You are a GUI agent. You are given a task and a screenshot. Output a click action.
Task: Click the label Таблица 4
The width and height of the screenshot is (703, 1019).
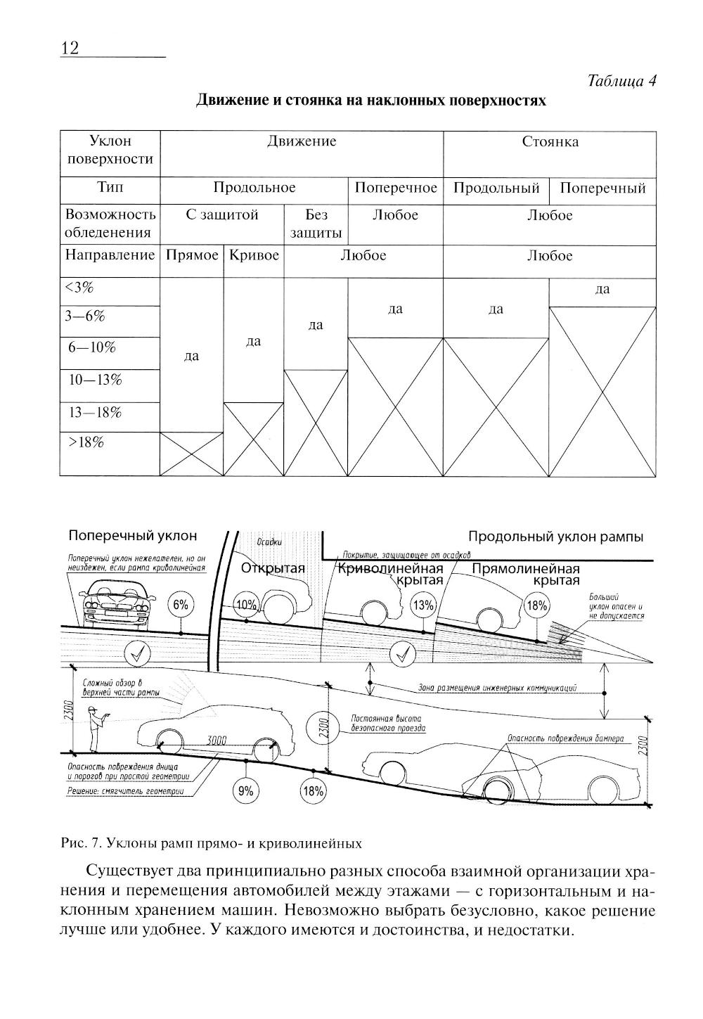pyautogui.click(x=621, y=81)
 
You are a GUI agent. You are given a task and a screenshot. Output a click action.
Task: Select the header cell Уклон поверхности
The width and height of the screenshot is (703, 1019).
pyautogui.click(x=109, y=150)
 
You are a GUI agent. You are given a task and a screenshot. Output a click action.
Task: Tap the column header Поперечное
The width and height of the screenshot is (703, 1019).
pyautogui.click(x=396, y=188)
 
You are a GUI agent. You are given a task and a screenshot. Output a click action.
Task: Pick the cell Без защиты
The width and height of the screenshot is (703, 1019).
pyautogui.click(x=316, y=224)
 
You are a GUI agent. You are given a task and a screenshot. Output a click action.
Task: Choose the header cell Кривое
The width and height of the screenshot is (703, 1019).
pyautogui.click(x=254, y=255)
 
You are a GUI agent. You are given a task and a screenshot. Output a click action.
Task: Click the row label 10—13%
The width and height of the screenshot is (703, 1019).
pyautogui.click(x=95, y=380)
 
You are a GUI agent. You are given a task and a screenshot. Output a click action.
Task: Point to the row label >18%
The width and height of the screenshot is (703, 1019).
pyautogui.click(x=86, y=442)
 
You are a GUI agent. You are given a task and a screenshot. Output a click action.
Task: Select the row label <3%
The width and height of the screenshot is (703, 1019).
pyautogui.click(x=79, y=288)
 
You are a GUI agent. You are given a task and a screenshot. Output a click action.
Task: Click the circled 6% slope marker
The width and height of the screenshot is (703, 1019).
pyautogui.click(x=181, y=604)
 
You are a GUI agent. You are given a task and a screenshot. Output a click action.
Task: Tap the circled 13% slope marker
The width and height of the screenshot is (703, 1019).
pyautogui.click(x=424, y=604)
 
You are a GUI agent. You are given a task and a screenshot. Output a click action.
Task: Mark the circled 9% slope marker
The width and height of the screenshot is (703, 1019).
pyautogui.click(x=245, y=790)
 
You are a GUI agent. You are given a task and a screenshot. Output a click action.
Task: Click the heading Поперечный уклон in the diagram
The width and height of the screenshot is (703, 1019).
pyautogui.click(x=133, y=536)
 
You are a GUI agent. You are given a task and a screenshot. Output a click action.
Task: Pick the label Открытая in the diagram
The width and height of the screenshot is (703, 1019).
pyautogui.click(x=273, y=568)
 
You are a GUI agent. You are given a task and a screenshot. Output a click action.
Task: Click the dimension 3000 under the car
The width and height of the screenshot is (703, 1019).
pyautogui.click(x=217, y=740)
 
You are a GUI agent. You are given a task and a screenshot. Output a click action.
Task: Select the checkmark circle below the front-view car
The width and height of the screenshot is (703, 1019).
pyautogui.click(x=137, y=654)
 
